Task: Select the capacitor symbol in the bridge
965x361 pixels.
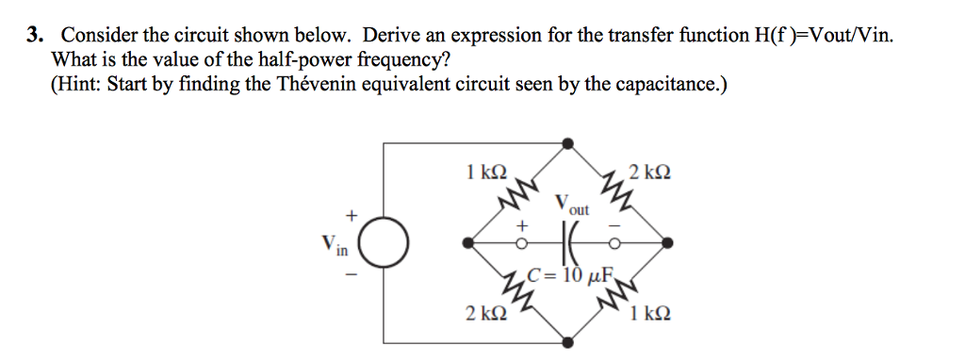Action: coord(567,242)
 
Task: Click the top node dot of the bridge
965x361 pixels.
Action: coord(567,143)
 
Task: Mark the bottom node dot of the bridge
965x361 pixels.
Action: coord(567,342)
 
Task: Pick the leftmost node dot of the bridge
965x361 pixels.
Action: coord(467,243)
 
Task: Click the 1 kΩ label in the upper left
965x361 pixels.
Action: coord(486,172)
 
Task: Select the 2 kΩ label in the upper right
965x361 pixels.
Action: coord(650,172)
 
